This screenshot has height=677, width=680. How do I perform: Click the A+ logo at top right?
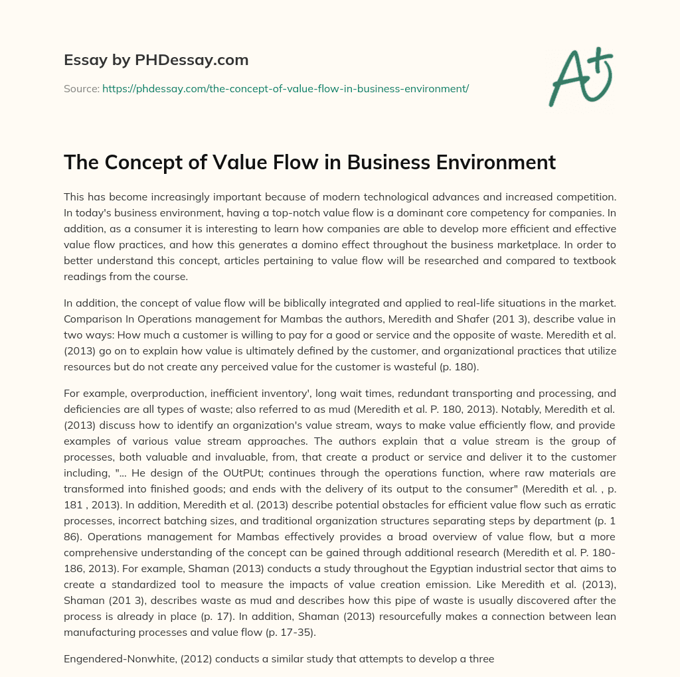580,77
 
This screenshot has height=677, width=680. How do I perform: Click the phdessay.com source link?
286,88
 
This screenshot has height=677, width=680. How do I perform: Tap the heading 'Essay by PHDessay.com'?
156,60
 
